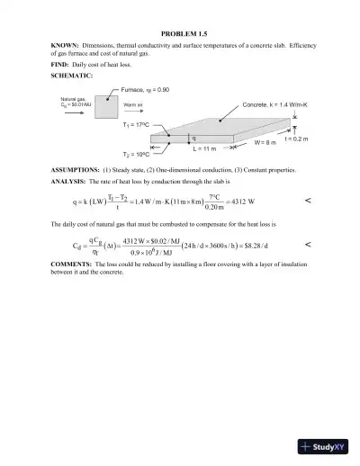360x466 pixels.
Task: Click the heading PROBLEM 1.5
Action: click(x=179, y=32)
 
